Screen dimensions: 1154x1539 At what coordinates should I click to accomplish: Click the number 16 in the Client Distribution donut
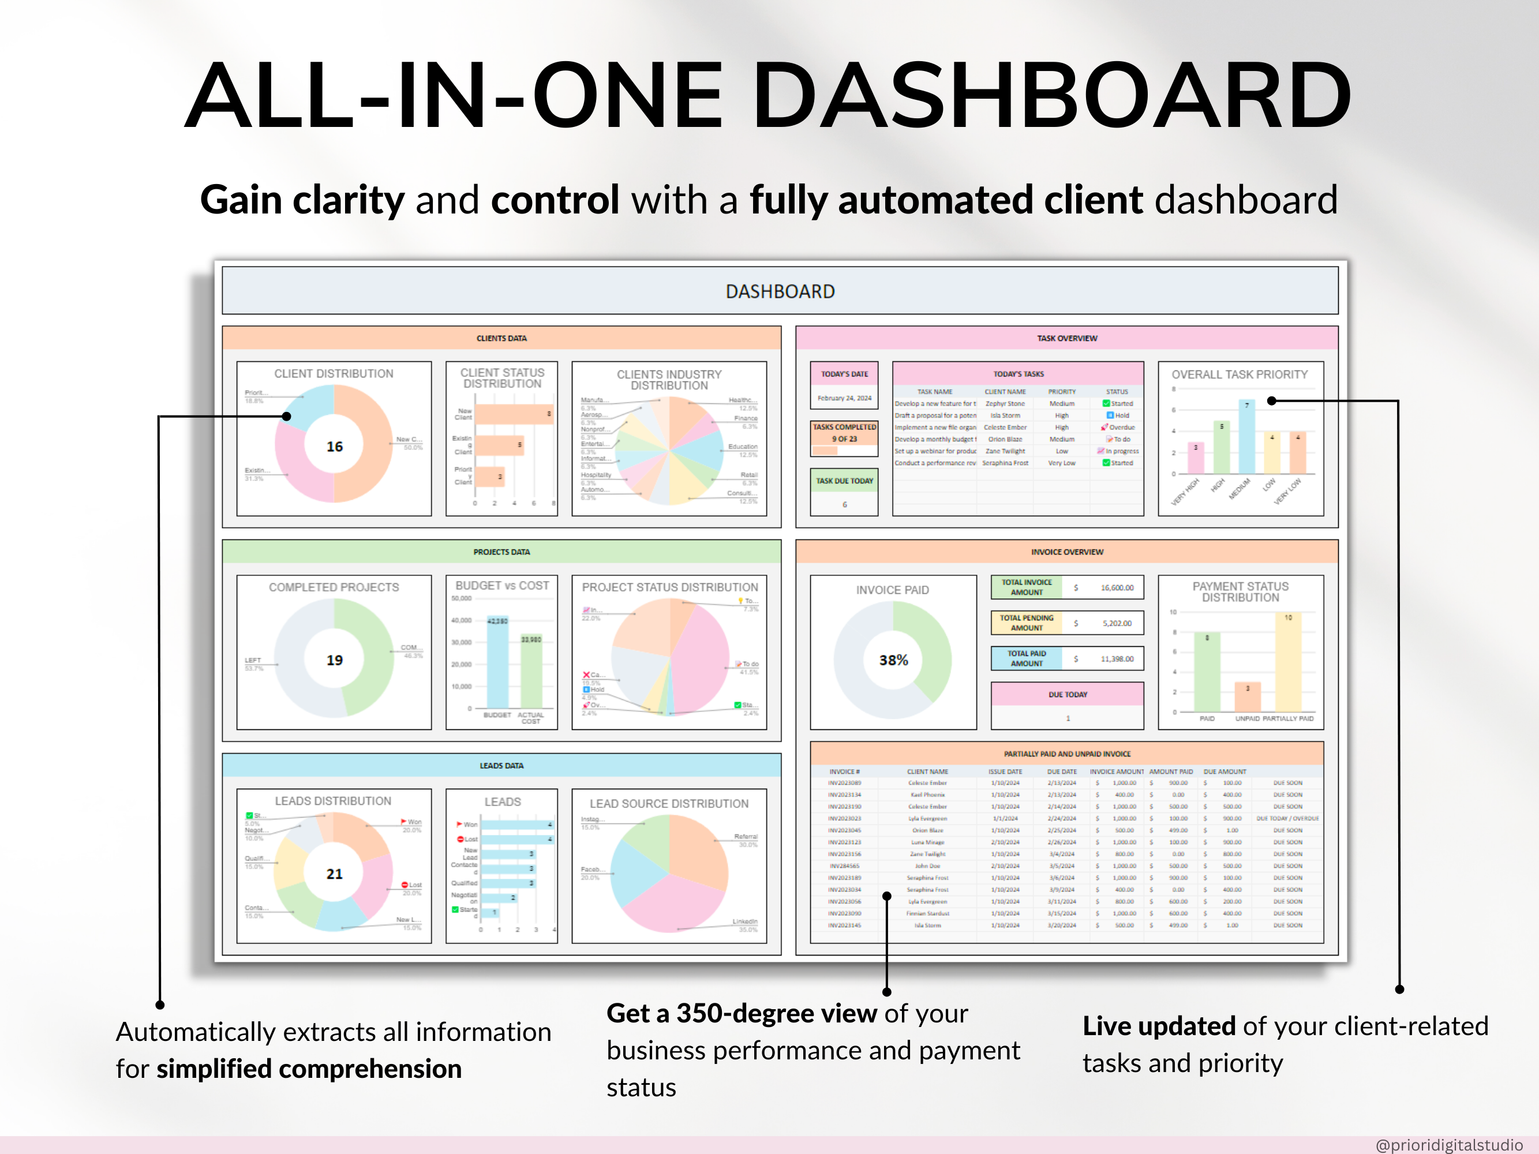click(x=335, y=447)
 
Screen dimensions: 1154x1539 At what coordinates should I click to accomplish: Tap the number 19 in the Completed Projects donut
click(x=335, y=660)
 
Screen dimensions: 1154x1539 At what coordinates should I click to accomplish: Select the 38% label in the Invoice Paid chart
click(x=893, y=660)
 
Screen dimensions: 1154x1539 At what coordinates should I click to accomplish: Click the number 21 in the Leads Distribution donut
click(x=335, y=874)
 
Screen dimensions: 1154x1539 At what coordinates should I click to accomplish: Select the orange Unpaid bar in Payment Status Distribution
click(x=1248, y=697)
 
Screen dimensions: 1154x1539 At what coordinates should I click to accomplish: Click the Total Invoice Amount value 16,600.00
click(x=1117, y=588)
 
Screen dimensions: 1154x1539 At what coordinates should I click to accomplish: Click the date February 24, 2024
click(x=844, y=399)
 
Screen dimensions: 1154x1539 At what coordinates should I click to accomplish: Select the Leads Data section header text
click(x=501, y=766)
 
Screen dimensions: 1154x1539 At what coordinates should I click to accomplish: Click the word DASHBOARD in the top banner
click(x=780, y=291)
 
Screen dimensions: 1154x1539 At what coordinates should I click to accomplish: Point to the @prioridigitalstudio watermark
click(x=1448, y=1144)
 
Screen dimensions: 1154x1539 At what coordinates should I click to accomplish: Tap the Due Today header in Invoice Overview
click(x=1068, y=694)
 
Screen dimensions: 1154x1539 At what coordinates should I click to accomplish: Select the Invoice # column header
click(x=844, y=771)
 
